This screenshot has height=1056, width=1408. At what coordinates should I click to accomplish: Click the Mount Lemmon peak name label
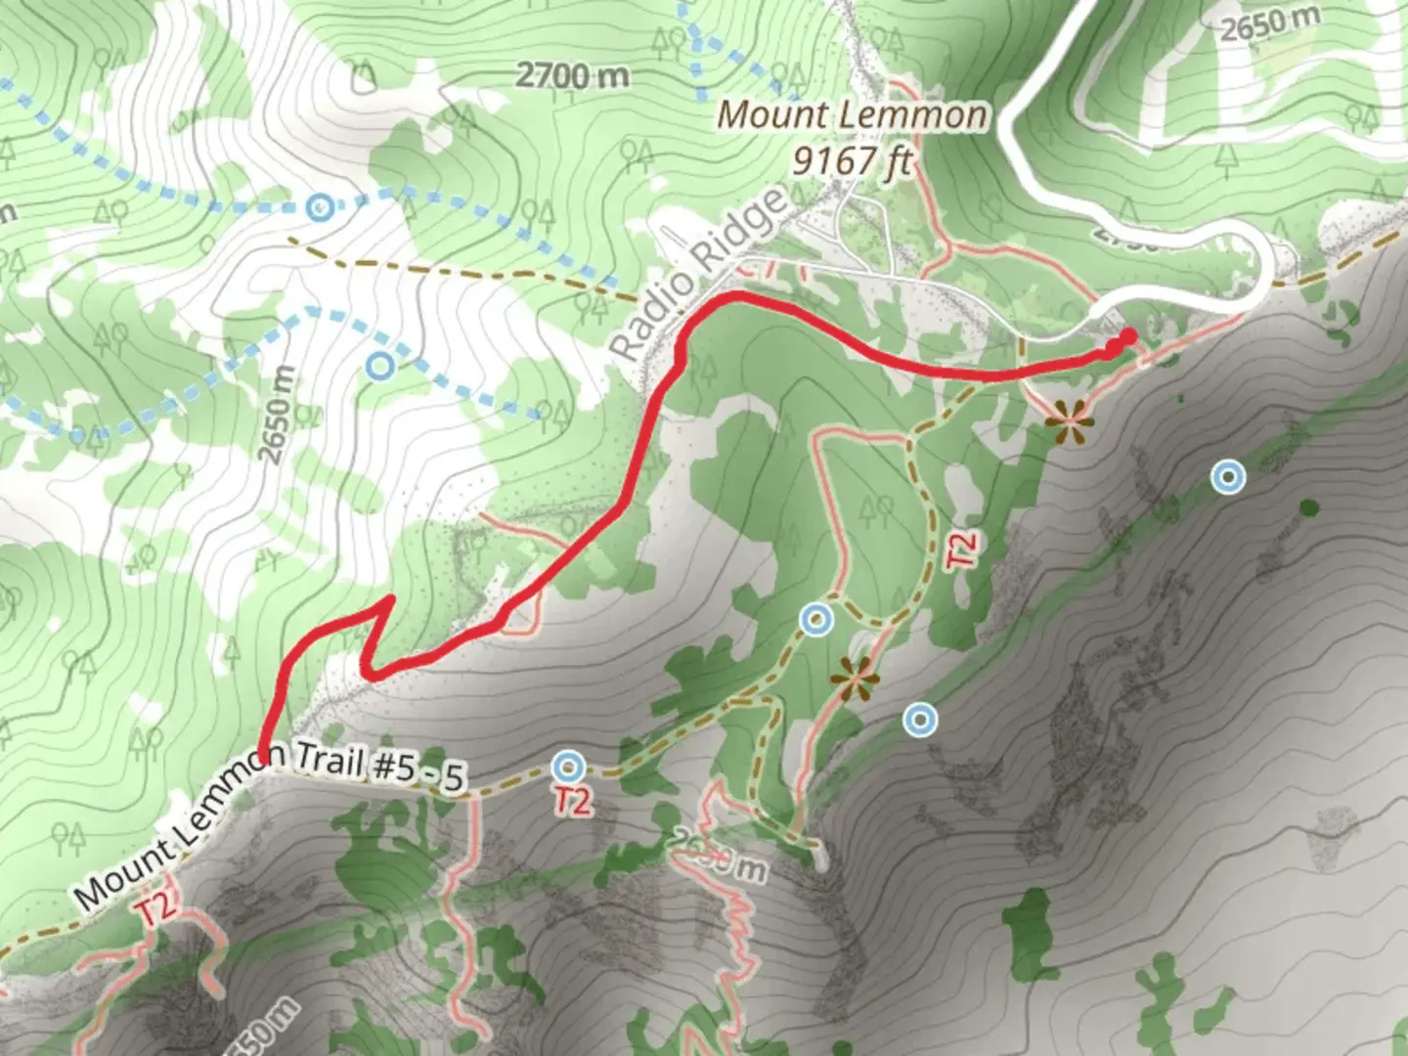tap(852, 115)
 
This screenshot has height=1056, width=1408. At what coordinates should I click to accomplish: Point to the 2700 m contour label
tap(572, 74)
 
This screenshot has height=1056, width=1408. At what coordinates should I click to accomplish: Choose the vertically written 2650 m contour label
tap(276, 415)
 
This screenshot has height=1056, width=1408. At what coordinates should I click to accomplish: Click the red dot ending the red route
tap(1128, 336)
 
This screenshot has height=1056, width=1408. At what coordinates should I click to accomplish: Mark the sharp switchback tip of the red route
tap(391, 597)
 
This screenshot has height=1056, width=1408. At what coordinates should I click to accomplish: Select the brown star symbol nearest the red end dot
tap(1071, 423)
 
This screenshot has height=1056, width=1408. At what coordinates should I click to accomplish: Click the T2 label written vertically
tap(961, 550)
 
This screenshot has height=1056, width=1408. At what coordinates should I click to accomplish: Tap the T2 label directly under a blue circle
tap(572, 801)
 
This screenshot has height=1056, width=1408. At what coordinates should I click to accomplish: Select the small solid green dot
tap(1308, 506)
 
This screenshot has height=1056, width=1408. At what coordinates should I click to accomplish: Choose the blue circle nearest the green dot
tap(1227, 477)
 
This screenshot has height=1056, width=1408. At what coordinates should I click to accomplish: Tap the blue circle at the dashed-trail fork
tap(815, 619)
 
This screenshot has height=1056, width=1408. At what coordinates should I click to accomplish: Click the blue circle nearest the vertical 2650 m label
tap(381, 366)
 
